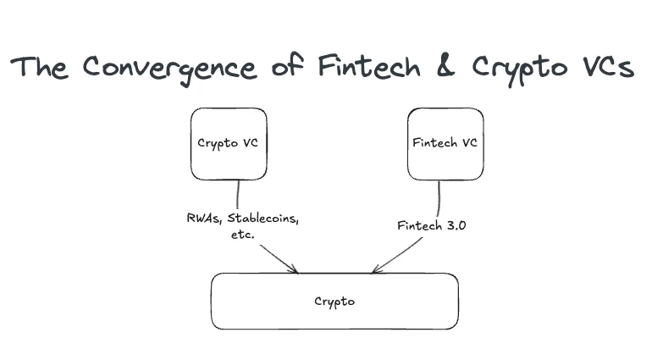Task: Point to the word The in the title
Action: (x=40, y=68)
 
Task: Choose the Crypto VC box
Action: (x=229, y=143)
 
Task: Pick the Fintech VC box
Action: (x=445, y=143)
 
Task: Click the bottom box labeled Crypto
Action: (x=334, y=301)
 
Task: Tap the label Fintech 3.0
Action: (x=430, y=226)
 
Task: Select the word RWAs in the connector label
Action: (x=203, y=219)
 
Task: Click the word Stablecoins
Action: (x=262, y=219)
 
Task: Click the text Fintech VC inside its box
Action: (x=445, y=142)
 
